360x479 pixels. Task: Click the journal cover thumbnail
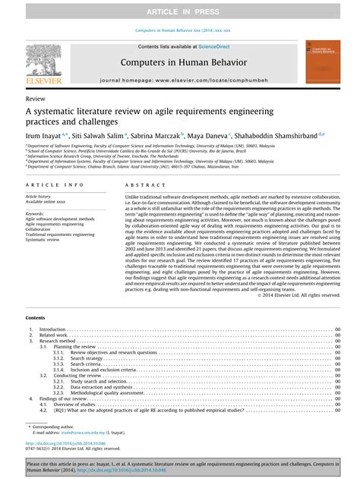tap(317, 63)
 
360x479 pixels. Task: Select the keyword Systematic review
tap(46, 241)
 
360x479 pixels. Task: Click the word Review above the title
tap(35, 99)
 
